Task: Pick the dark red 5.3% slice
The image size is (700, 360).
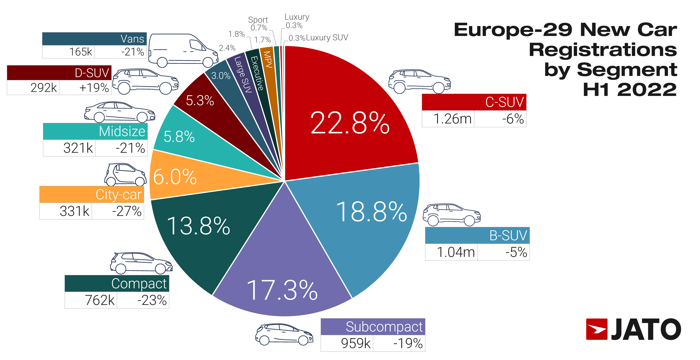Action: (x=200, y=101)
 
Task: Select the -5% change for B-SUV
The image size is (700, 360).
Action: (x=516, y=252)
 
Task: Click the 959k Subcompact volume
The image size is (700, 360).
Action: (x=355, y=343)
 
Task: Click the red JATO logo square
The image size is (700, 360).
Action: (x=596, y=329)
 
